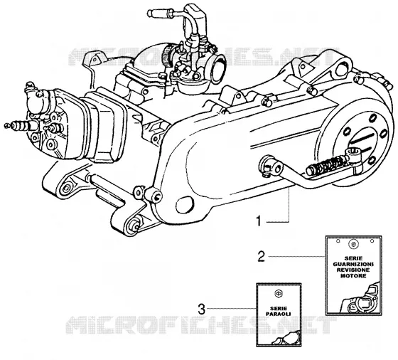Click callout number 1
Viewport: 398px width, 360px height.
pos(259,221)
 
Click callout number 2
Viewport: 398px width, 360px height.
pos(262,256)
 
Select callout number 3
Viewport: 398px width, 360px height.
pos(201,309)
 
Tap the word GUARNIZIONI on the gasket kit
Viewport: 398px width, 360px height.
pos(353,264)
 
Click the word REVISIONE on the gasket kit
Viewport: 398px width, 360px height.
pos(353,270)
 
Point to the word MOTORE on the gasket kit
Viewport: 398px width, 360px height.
pos(353,275)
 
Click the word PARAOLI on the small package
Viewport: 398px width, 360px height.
pos(278,314)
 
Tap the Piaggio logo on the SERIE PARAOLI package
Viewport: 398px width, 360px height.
pos(279,294)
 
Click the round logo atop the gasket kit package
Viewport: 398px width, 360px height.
pos(353,244)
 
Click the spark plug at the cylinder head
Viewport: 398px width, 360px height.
pos(21,125)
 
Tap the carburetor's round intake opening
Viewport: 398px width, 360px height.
pos(218,68)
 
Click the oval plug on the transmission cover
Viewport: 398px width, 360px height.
pos(185,205)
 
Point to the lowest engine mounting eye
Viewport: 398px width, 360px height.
pos(134,226)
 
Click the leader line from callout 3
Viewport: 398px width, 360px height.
pos(231,309)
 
